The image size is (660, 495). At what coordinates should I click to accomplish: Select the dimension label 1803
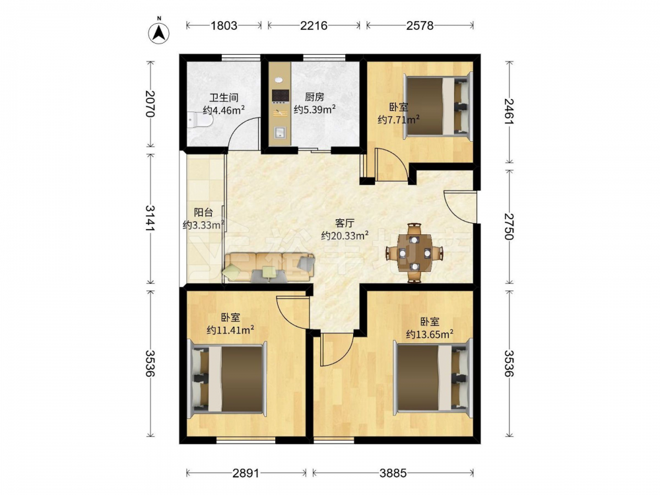click(x=224, y=26)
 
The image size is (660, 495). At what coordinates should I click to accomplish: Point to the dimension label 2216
click(x=313, y=26)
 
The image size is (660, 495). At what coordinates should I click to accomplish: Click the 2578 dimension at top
click(x=420, y=26)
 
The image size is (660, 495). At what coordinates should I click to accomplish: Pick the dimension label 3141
click(x=150, y=218)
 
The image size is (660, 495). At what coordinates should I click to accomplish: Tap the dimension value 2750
click(x=510, y=226)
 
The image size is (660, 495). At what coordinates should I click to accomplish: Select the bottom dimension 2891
click(x=246, y=473)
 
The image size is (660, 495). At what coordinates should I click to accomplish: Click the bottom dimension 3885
click(x=393, y=473)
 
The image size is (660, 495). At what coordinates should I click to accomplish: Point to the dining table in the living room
click(x=414, y=253)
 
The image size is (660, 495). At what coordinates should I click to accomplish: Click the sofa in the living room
click(x=269, y=267)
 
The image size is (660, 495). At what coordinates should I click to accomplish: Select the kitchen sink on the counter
click(x=280, y=133)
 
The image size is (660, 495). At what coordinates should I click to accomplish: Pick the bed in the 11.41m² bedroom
click(x=228, y=378)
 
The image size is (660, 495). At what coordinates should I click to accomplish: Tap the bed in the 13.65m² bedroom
click(x=433, y=377)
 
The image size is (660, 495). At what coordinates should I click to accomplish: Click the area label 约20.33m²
click(x=345, y=236)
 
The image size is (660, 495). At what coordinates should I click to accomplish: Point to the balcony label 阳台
click(x=203, y=213)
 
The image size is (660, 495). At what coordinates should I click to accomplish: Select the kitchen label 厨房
click(x=314, y=97)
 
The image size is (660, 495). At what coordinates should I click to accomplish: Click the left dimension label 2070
click(x=150, y=104)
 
